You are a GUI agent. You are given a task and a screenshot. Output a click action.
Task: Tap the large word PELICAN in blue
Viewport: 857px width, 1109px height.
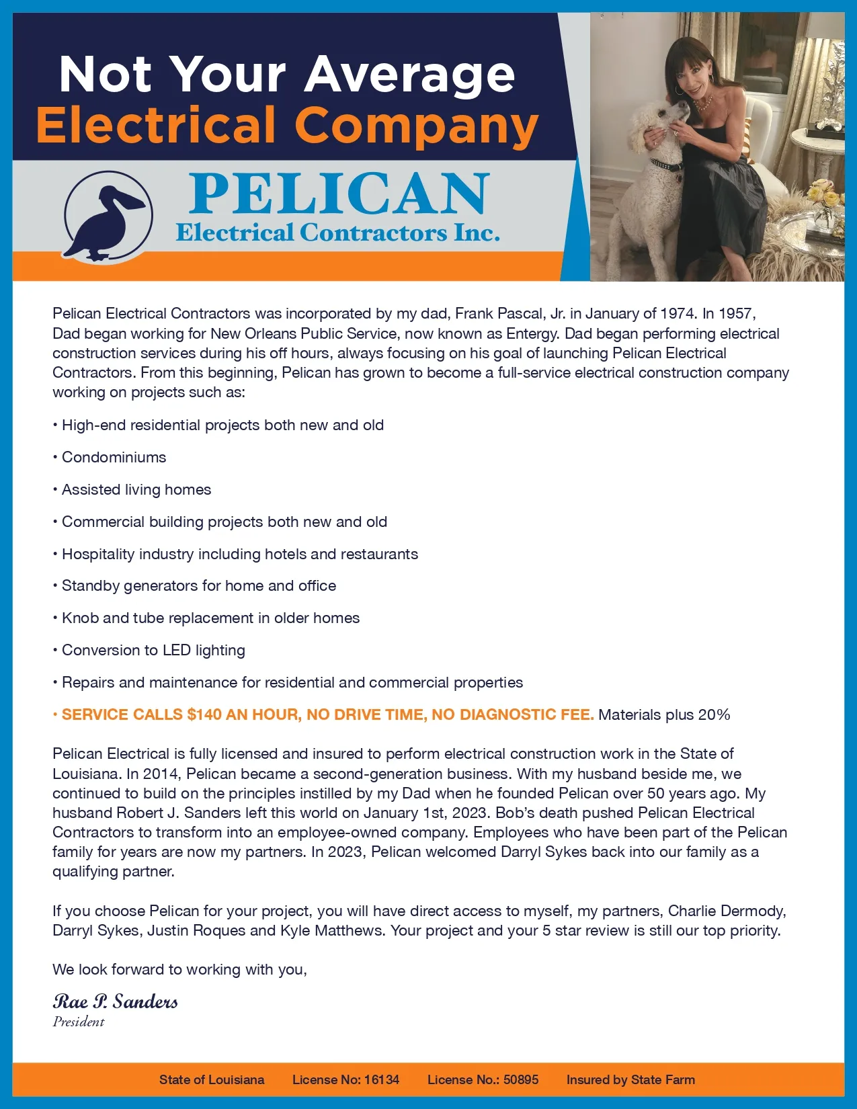[339, 194]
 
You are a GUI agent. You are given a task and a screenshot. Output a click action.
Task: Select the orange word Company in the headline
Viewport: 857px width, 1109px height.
[416, 126]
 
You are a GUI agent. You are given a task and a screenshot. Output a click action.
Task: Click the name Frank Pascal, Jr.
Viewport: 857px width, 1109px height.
[510, 313]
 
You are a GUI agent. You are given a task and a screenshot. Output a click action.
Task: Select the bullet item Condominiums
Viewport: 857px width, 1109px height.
[114, 458]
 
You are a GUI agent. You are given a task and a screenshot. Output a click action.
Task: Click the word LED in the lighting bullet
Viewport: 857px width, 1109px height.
[177, 651]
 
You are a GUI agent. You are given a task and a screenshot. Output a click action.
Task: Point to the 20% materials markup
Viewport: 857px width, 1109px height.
[714, 715]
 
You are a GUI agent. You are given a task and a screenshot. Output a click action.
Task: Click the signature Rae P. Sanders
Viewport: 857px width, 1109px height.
[115, 1002]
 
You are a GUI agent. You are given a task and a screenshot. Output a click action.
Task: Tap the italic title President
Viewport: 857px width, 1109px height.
[79, 1022]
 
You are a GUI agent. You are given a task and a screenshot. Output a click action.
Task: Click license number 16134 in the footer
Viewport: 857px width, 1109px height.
[381, 1080]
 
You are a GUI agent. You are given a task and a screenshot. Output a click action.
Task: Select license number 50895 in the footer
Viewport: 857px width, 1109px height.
[521, 1080]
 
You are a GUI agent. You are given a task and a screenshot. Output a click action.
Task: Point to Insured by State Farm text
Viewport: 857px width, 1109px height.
[630, 1080]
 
